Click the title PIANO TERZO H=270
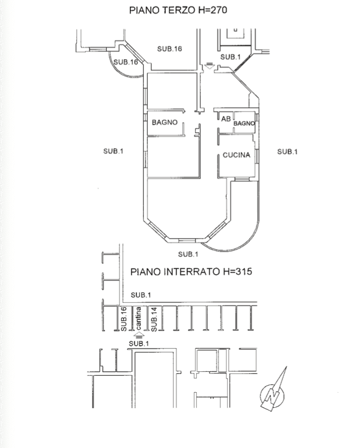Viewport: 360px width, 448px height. click(178, 10)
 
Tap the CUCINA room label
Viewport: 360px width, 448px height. click(237, 155)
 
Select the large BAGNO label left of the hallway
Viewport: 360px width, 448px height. click(164, 123)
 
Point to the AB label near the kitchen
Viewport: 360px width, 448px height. click(226, 119)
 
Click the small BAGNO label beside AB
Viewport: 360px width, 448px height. click(244, 124)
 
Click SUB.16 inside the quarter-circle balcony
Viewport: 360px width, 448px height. click(126, 62)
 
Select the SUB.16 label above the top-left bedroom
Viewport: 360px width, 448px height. click(169, 49)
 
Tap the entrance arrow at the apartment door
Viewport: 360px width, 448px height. click(208, 66)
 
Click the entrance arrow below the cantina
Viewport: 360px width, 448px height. click(139, 334)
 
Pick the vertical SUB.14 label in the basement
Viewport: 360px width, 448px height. click(155, 319)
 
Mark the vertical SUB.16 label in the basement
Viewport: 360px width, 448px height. click(124, 319)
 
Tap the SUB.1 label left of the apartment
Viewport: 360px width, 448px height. click(113, 151)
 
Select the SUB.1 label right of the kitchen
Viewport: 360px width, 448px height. click(288, 151)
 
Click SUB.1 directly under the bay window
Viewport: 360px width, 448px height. click(187, 254)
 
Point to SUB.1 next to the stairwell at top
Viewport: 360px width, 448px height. click(231, 57)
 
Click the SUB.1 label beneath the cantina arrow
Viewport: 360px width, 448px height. click(139, 343)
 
